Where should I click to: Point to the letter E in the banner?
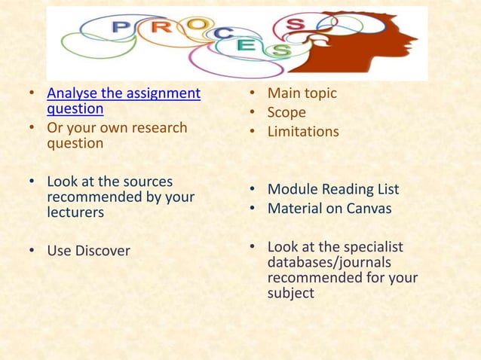(x=245, y=45)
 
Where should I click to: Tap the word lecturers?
(x=75, y=212)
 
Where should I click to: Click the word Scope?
(x=286, y=112)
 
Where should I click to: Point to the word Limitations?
(x=303, y=132)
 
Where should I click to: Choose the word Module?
(x=291, y=189)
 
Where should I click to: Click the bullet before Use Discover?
(x=32, y=251)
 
